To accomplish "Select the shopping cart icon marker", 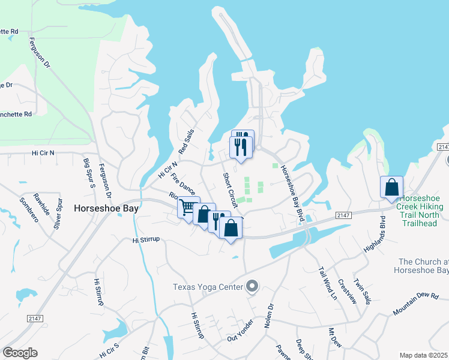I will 187,208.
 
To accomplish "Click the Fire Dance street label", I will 183,184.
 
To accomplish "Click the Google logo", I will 20,353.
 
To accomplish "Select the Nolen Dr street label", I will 268,316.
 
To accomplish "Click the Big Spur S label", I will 89,172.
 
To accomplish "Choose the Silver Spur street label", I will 58,212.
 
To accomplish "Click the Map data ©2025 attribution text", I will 423,355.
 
